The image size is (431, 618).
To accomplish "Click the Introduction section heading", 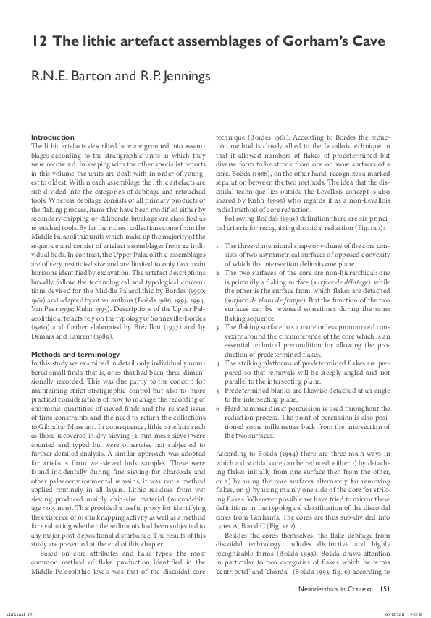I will tap(52, 137).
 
